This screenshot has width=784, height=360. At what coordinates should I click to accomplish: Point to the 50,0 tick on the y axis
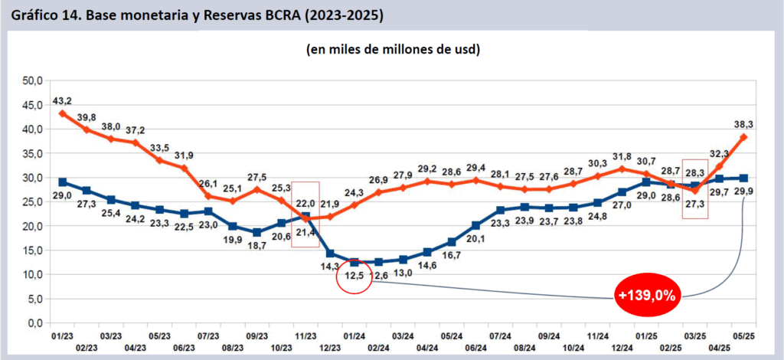pyautogui.click(x=31, y=80)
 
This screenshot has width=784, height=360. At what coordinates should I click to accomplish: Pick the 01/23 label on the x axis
pyautogui.click(x=62, y=337)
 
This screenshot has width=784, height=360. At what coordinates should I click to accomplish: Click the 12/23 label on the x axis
pyautogui.click(x=331, y=347)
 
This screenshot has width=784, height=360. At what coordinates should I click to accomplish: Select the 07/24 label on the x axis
pyautogui.click(x=500, y=337)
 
